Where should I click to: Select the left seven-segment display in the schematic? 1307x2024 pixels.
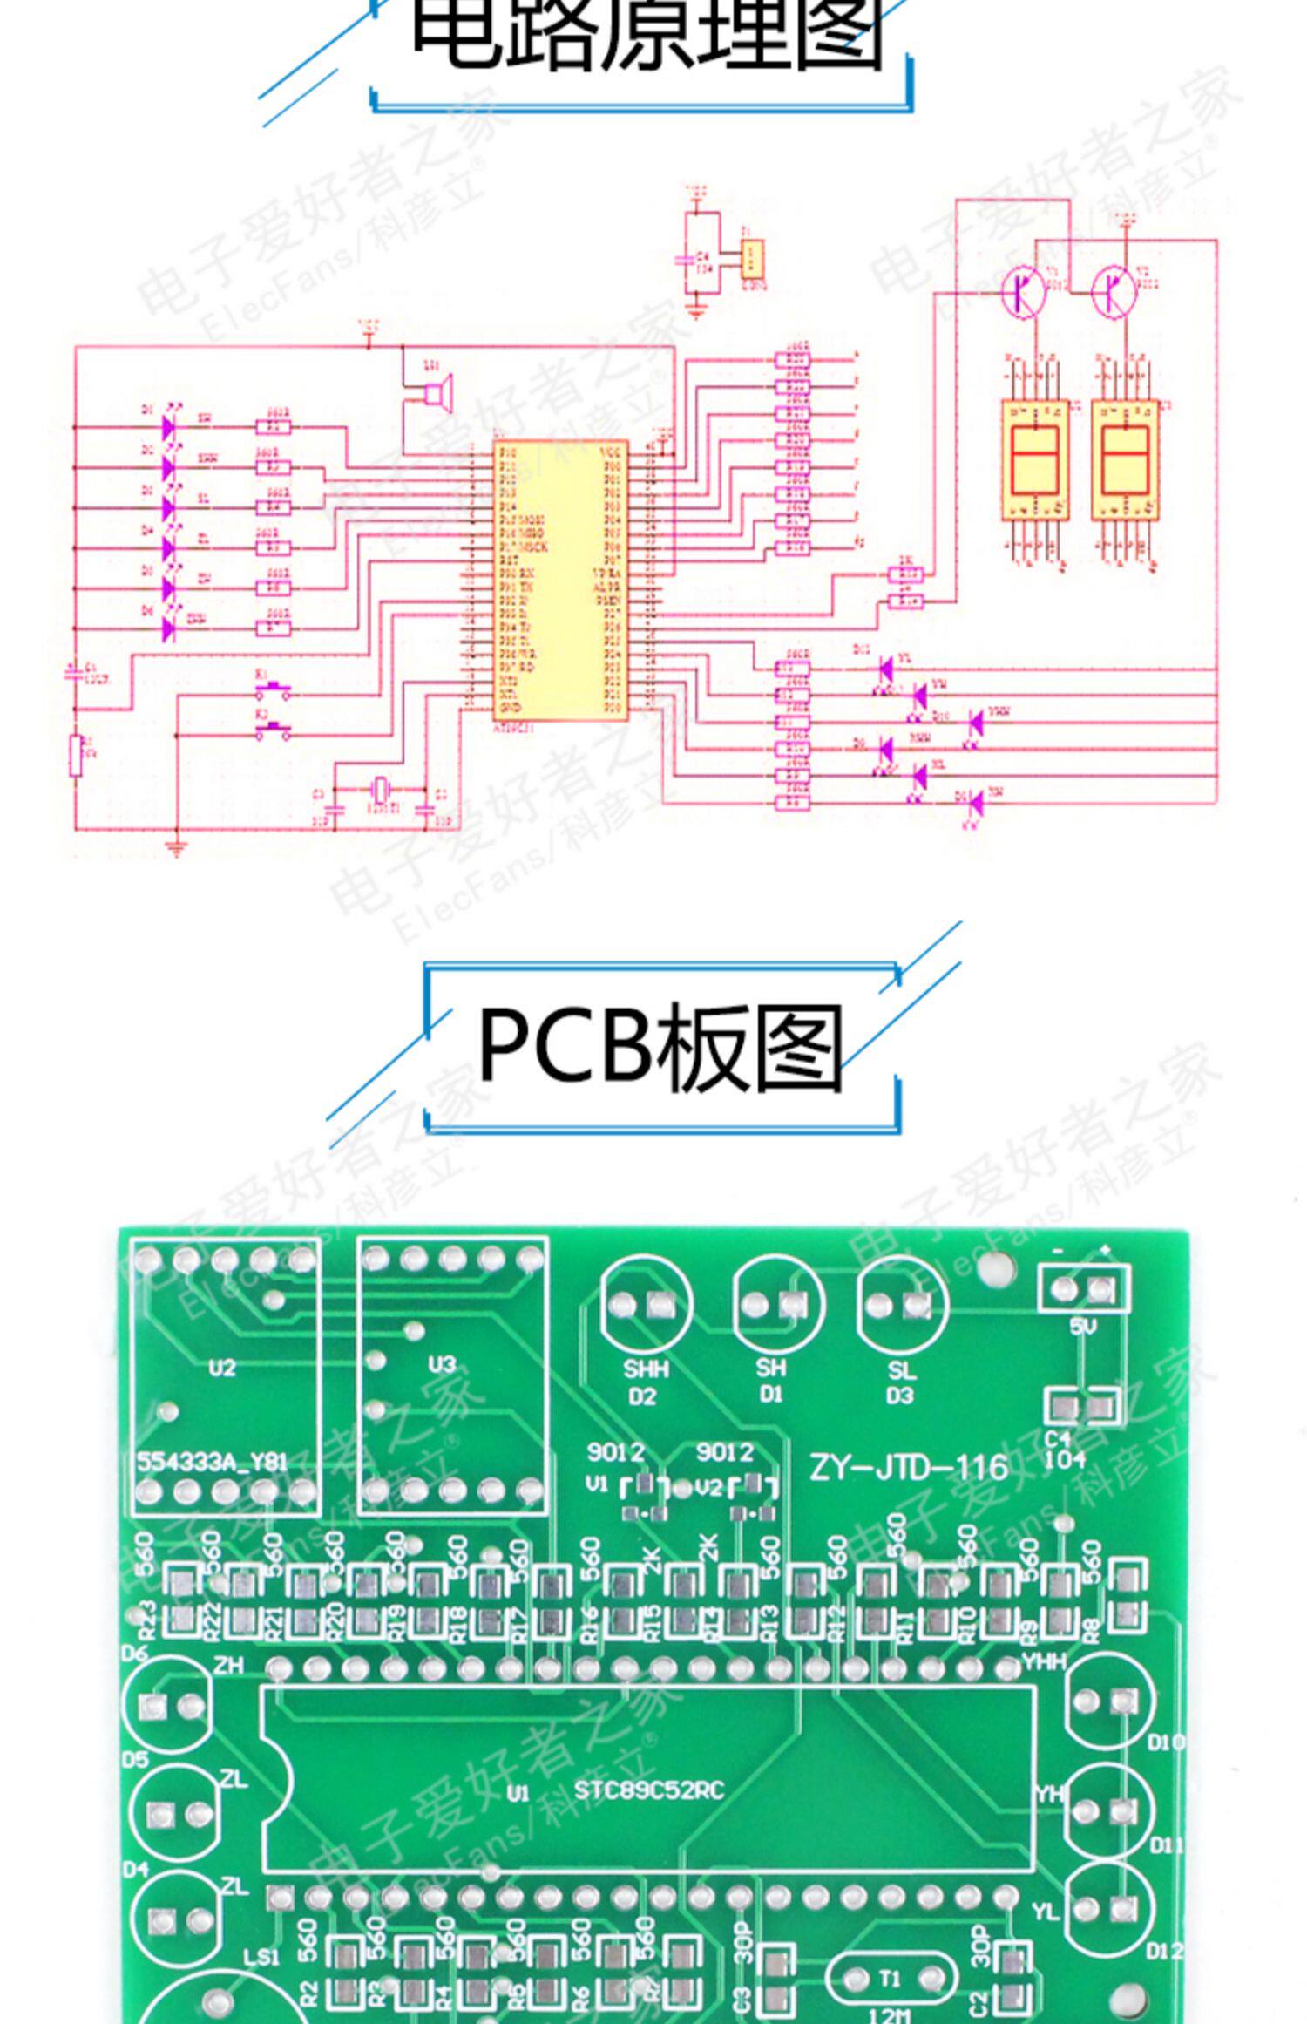click(x=1034, y=459)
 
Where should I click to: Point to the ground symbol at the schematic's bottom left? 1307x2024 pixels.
click(x=177, y=848)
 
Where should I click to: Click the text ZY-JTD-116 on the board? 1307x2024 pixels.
click(x=908, y=1468)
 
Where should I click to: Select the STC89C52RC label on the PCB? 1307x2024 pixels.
click(x=649, y=1790)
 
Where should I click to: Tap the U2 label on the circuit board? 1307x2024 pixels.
click(x=222, y=1367)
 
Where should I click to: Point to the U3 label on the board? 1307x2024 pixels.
click(x=442, y=1364)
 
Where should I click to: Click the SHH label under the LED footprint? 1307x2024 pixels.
click(x=646, y=1369)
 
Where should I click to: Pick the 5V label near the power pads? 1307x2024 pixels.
click(x=1083, y=1327)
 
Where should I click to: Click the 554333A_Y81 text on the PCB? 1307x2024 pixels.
click(x=212, y=1462)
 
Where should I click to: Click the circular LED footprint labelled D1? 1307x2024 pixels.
click(x=777, y=1304)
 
